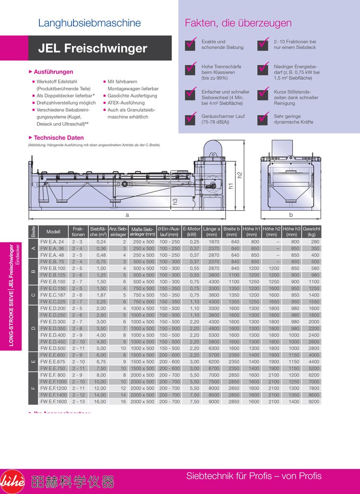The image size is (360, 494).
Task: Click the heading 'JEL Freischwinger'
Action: pyautogui.click(x=93, y=48)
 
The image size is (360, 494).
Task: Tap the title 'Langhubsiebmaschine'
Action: pyautogui.click(x=89, y=23)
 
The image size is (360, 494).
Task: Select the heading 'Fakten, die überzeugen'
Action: pyautogui.click(x=238, y=23)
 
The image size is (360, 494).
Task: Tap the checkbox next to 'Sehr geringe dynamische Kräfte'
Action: pyautogui.click(x=264, y=119)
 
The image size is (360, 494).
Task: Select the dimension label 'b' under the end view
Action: pyautogui.click(x=291, y=215)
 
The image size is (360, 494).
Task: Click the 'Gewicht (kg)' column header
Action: pyautogui.click(x=312, y=232)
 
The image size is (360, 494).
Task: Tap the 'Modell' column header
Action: pyautogui.click(x=53, y=232)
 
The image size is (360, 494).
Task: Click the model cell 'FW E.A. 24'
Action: pyautogui.click(x=52, y=242)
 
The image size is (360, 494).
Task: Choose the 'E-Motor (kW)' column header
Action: pyautogui.click(x=192, y=232)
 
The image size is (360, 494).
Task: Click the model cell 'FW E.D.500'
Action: pyautogui.click(x=53, y=348)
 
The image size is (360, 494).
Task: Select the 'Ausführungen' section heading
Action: pyautogui.click(x=53, y=72)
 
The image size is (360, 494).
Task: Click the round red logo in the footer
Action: pyautogui.click(x=12, y=481)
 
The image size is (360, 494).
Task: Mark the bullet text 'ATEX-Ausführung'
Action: pyautogui.click(x=126, y=103)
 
